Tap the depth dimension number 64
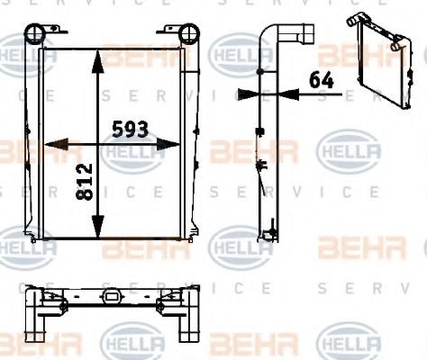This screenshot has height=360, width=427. click(x=321, y=79)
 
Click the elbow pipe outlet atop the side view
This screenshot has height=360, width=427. click(x=296, y=37)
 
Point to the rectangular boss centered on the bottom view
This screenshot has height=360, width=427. click(x=113, y=298)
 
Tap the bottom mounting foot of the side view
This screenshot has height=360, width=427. click(x=268, y=235)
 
